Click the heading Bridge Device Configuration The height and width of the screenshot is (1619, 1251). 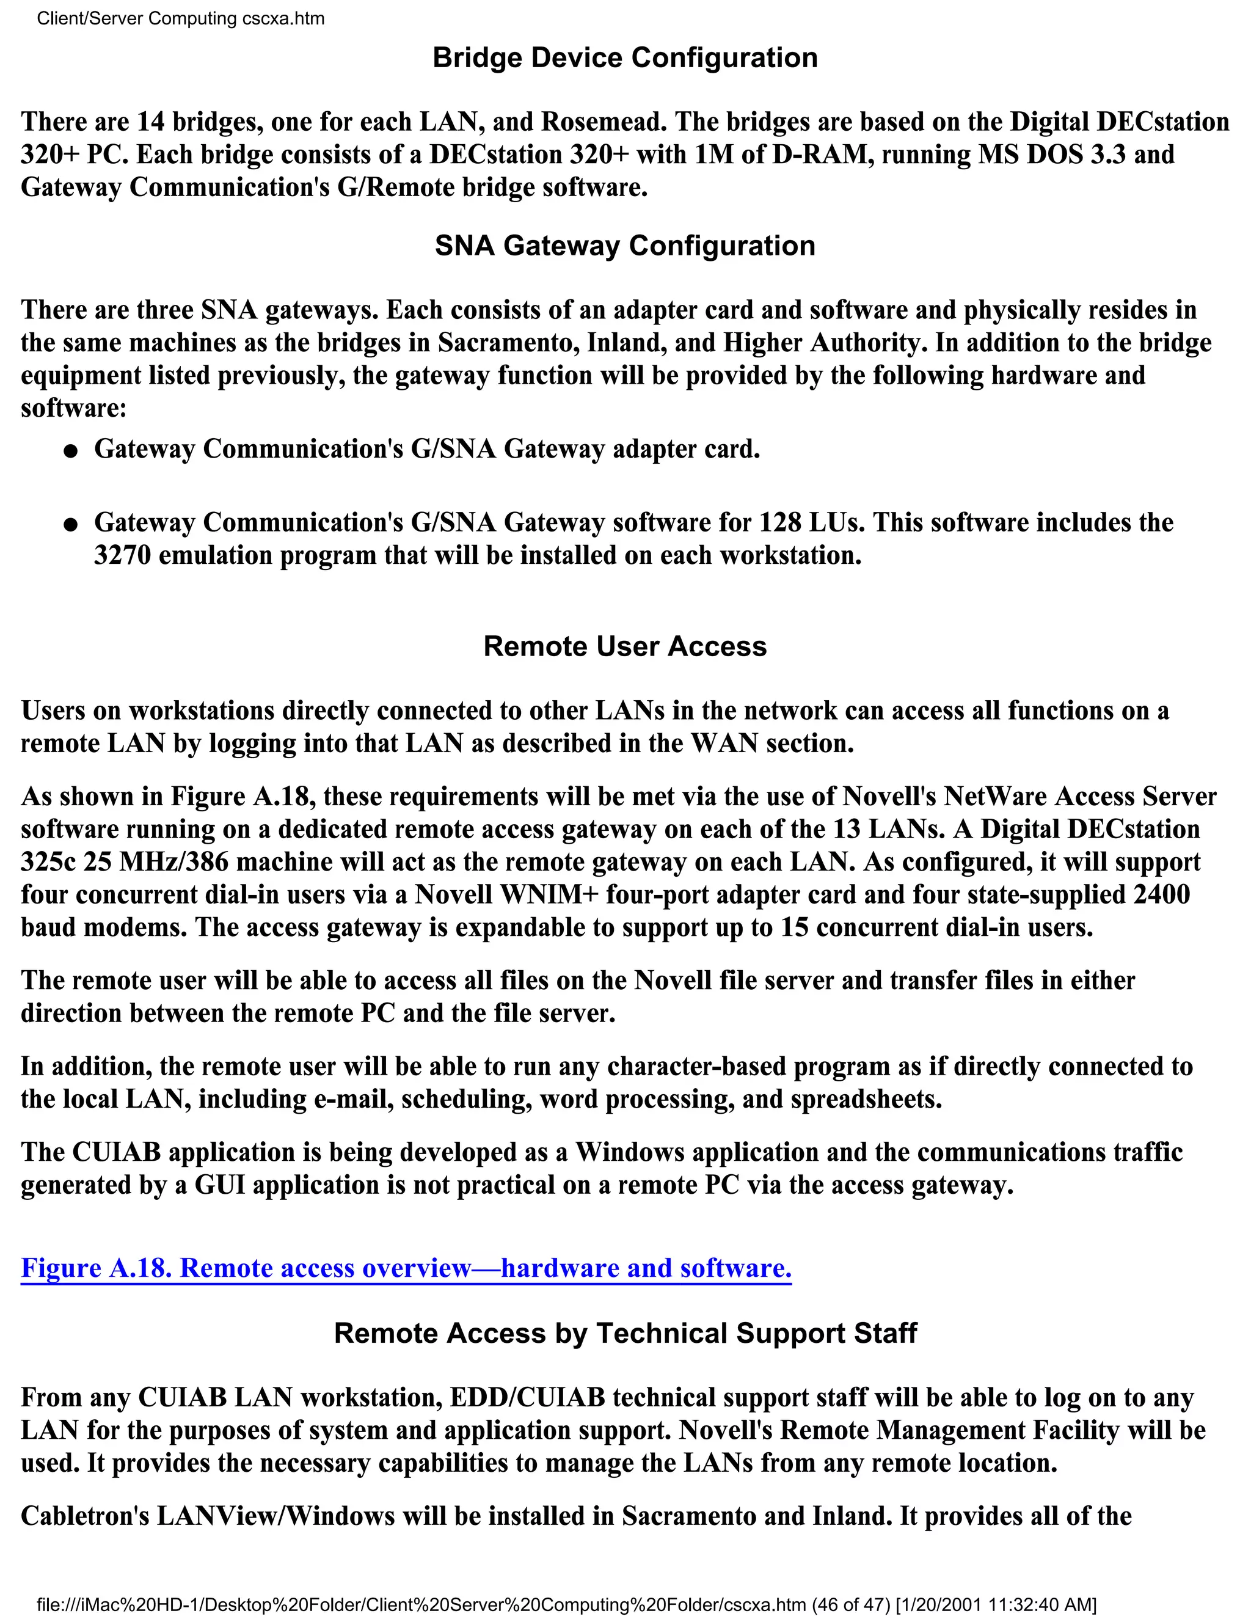click(x=625, y=58)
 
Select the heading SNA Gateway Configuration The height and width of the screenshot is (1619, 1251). click(x=625, y=246)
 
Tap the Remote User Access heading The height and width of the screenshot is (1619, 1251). click(x=625, y=646)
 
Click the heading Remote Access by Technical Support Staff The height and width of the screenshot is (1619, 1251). click(x=625, y=1333)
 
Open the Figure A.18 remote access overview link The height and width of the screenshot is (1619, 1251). click(x=406, y=1268)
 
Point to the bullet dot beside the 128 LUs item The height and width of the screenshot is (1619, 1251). click(x=70, y=525)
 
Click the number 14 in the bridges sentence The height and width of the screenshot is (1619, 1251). click(x=151, y=122)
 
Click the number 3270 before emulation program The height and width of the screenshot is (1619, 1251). click(x=122, y=555)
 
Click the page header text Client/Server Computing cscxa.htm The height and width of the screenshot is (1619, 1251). click(x=180, y=18)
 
